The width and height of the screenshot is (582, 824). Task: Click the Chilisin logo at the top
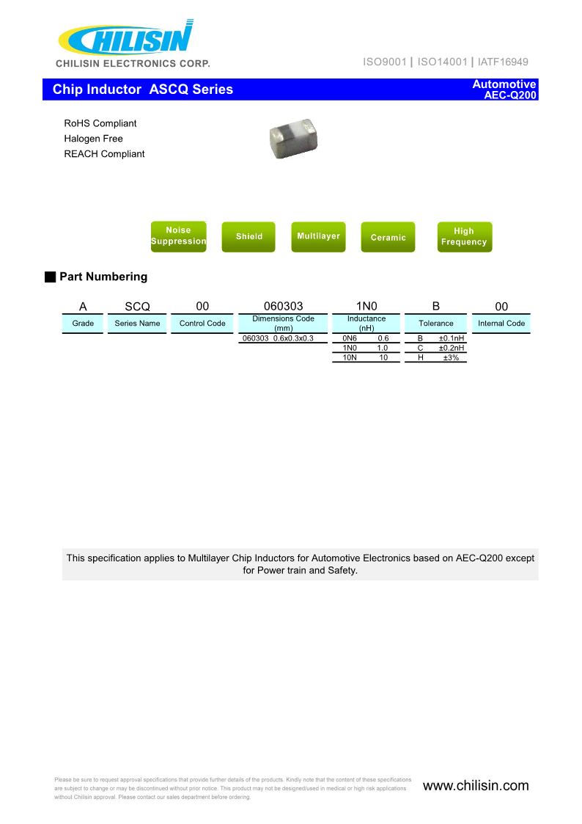[x=127, y=40]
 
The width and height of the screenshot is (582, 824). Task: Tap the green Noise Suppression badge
[x=178, y=236]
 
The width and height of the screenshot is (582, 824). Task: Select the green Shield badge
[x=248, y=237]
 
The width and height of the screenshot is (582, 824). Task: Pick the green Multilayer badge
[x=318, y=236]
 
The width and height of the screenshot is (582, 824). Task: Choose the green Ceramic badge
[x=388, y=238]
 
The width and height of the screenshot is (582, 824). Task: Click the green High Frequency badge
[x=464, y=236]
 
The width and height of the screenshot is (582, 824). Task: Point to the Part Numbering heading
[x=103, y=277]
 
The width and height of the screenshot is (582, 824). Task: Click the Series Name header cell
[x=137, y=324]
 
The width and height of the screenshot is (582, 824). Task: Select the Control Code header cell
[x=202, y=324]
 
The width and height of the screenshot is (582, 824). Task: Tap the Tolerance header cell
[x=436, y=324]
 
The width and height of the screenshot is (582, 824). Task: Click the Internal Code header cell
[x=501, y=324]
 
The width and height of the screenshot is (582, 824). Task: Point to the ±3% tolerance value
[x=451, y=357]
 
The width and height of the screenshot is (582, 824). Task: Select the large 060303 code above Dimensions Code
[x=283, y=307]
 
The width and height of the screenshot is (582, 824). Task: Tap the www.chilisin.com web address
[x=476, y=786]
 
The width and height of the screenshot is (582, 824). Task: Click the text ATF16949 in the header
[x=504, y=62]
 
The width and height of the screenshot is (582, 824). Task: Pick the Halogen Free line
[x=93, y=139]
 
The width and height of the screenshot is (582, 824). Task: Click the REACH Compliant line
[x=104, y=154]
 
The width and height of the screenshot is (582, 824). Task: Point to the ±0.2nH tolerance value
[x=452, y=348]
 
